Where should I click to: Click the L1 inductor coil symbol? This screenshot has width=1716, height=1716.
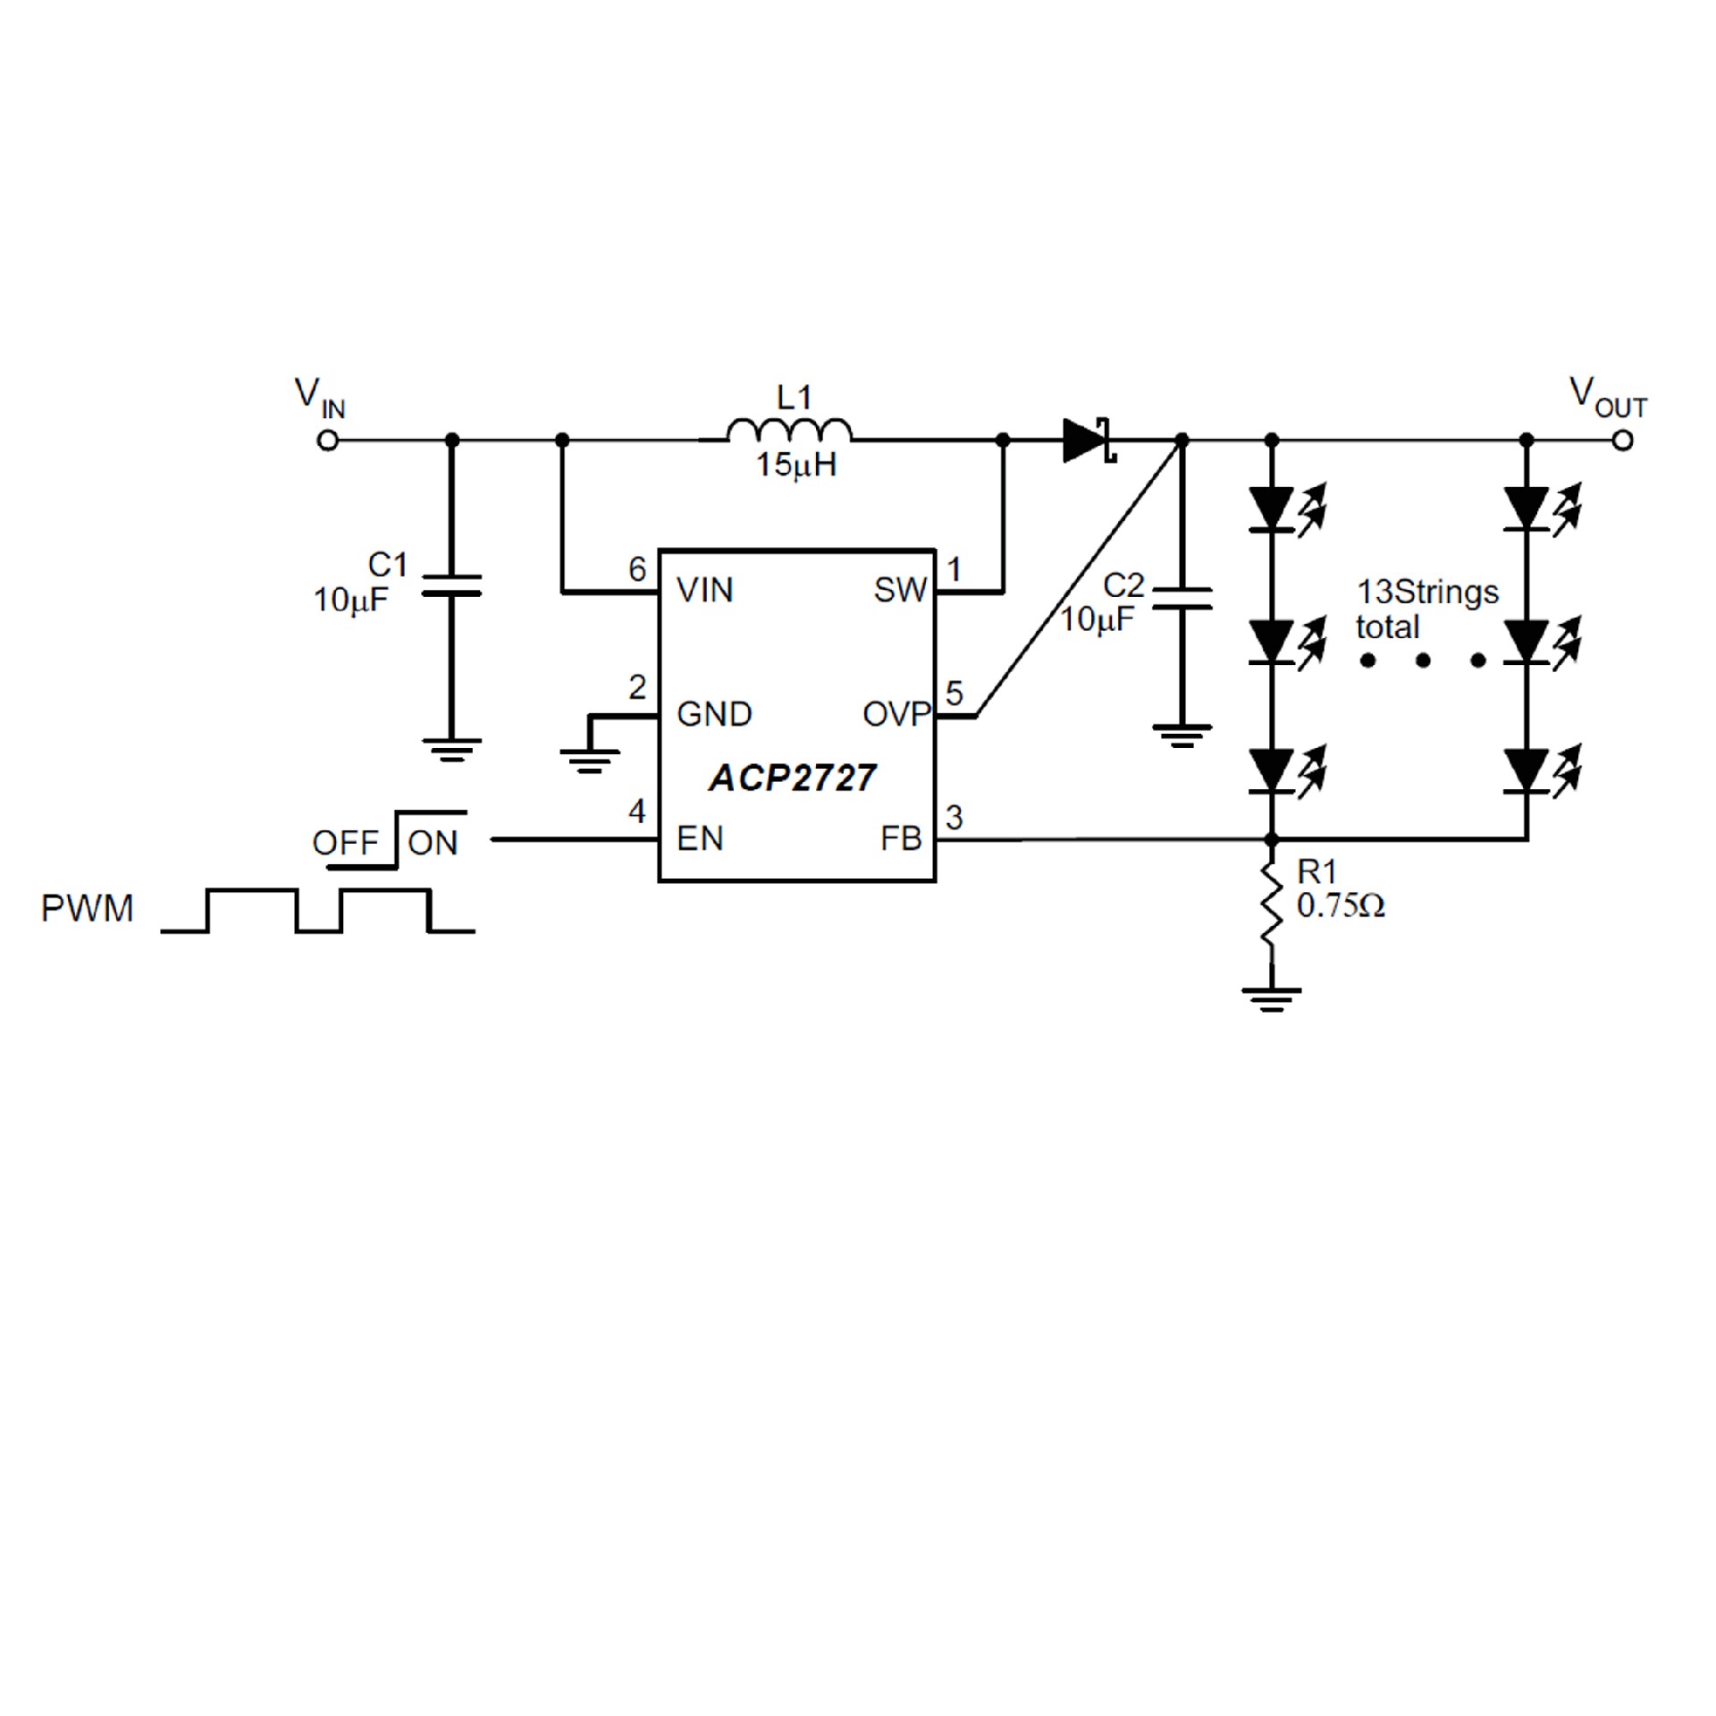click(x=789, y=432)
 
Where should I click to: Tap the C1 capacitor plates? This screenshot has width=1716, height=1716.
click(x=451, y=585)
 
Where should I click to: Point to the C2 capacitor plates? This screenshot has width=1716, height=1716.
click(x=1182, y=599)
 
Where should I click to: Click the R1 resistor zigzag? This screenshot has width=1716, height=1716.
click(x=1270, y=904)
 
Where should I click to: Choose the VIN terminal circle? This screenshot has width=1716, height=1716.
click(x=328, y=441)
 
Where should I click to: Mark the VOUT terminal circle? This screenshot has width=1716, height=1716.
click(x=1623, y=441)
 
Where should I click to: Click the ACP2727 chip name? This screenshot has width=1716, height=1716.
click(x=792, y=778)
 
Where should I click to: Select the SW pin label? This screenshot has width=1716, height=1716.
click(x=900, y=590)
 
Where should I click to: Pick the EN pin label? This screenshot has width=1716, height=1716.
click(x=700, y=838)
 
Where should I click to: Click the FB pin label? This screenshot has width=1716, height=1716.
click(x=900, y=838)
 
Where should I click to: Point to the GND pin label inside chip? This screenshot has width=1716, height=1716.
click(x=714, y=714)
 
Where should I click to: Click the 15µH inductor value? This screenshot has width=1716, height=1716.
click(x=796, y=465)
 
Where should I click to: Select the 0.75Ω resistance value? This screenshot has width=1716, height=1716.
click(x=1341, y=906)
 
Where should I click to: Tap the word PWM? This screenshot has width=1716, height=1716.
click(x=87, y=908)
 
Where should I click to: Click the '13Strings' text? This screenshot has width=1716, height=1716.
click(x=1427, y=592)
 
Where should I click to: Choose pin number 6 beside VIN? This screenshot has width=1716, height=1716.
click(x=637, y=568)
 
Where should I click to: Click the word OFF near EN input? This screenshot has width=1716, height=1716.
click(x=346, y=843)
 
